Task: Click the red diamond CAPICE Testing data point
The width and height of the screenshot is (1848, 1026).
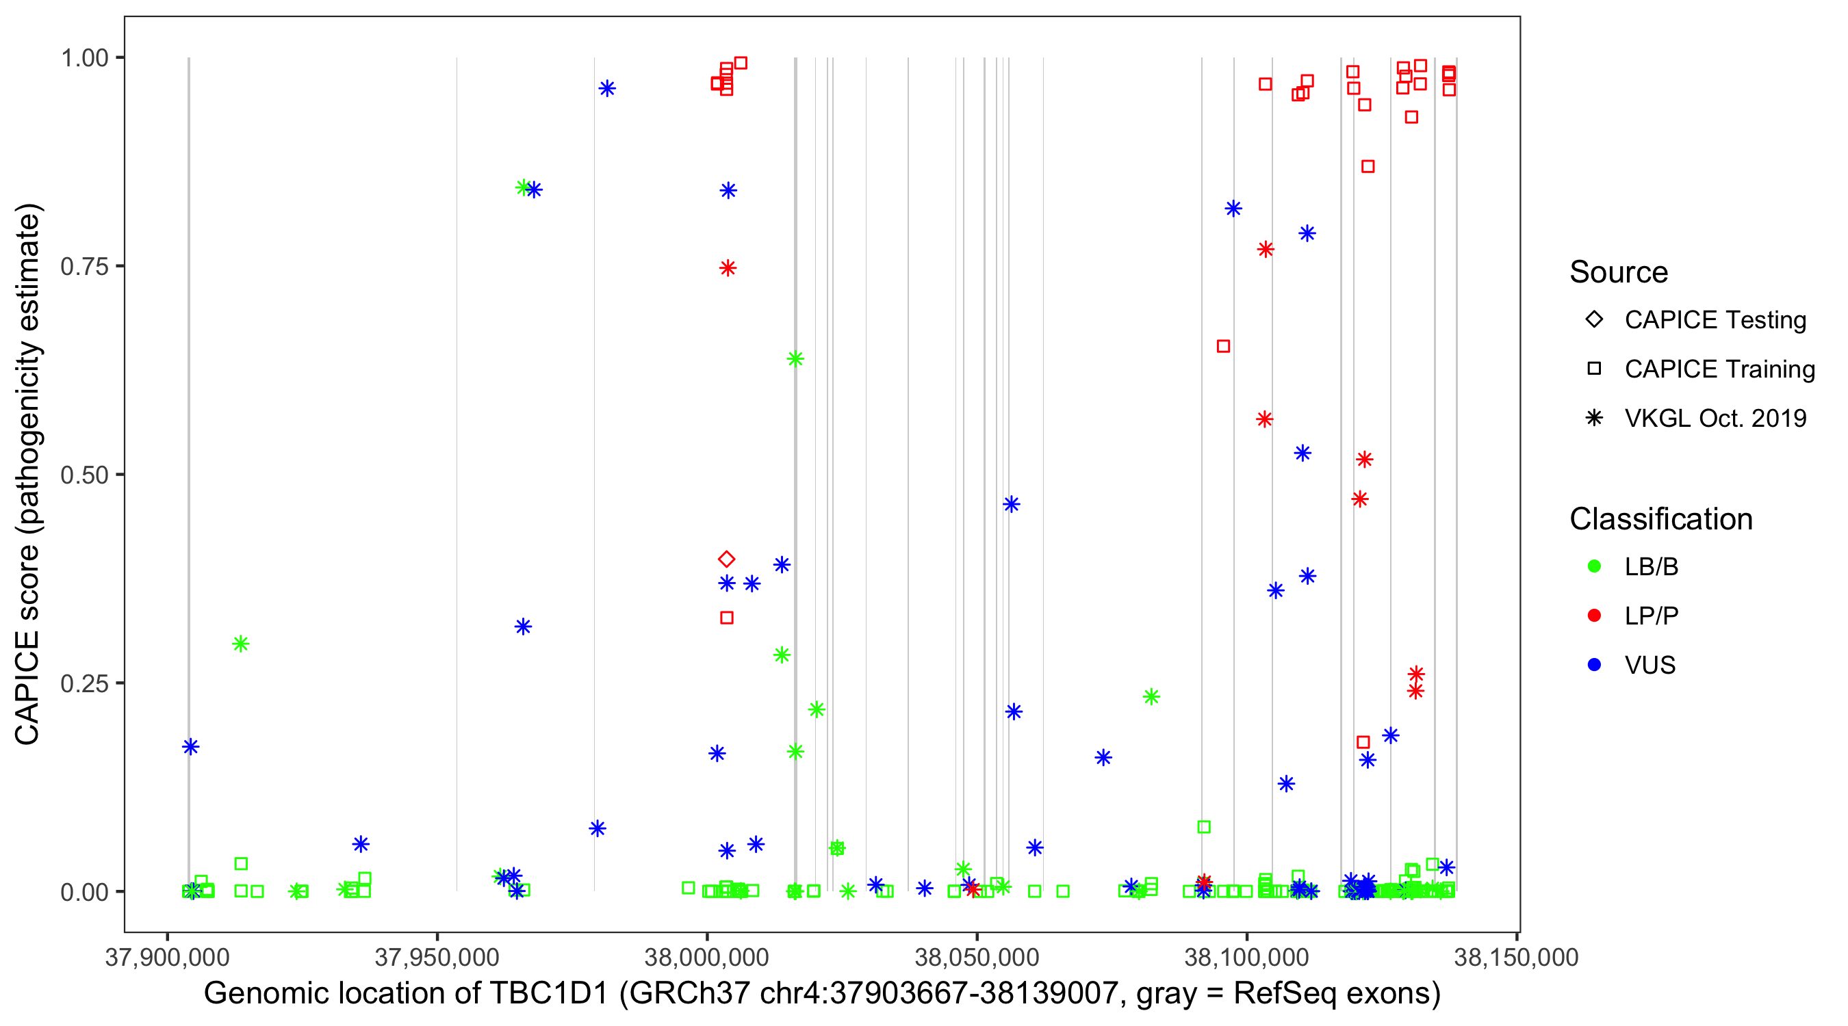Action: coord(726,560)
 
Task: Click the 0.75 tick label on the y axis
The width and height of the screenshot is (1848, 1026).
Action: coord(84,267)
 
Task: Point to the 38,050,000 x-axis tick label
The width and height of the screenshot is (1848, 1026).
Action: coord(977,957)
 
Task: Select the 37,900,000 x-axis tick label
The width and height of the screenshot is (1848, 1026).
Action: coord(167,957)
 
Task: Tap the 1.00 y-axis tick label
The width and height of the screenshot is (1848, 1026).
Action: coord(84,58)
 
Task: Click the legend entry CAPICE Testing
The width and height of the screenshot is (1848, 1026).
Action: coord(1715,320)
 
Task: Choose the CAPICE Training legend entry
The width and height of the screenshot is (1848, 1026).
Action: coord(1719,369)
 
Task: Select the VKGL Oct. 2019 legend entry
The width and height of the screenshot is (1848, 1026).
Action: coord(1715,419)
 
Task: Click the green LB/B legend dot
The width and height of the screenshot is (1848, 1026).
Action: coord(1594,566)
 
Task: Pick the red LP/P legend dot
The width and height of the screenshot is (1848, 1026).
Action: coord(1594,616)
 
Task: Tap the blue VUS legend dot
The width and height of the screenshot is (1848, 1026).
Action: coord(1594,666)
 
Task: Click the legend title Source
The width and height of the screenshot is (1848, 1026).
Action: coord(1618,272)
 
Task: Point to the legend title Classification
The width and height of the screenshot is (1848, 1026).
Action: coord(1660,519)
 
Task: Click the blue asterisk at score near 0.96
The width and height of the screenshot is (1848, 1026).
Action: coord(607,89)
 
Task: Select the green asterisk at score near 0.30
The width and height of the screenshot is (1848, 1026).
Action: coord(240,644)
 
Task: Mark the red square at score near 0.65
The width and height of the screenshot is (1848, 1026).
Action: coord(1223,346)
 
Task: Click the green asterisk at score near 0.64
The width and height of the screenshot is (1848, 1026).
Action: coord(795,358)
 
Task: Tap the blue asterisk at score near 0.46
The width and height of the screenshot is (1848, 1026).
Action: coord(1011,505)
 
